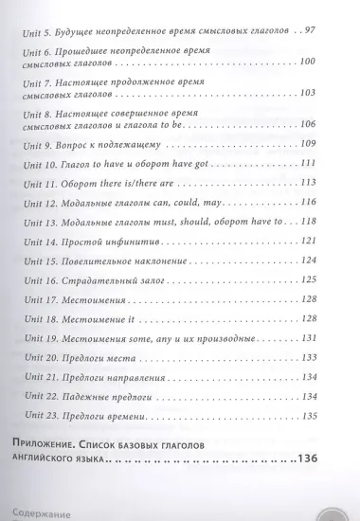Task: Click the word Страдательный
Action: pyautogui.click(x=105, y=279)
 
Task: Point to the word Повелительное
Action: pyautogui.click(x=104, y=258)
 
